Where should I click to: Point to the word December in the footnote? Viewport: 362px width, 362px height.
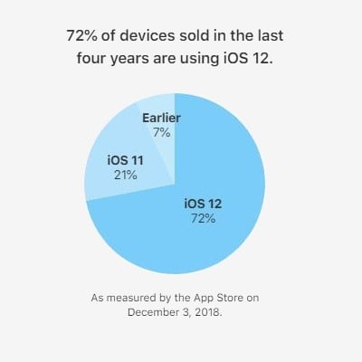pyautogui.click(x=156, y=312)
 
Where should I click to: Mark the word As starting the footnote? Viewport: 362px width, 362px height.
pyautogui.click(x=100, y=297)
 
